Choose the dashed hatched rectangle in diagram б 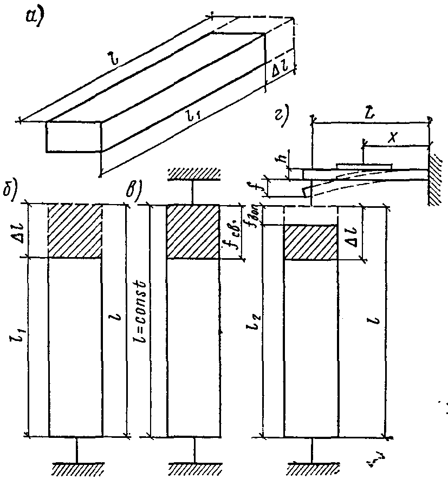coord(75,231)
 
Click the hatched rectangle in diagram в coord(193,232)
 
